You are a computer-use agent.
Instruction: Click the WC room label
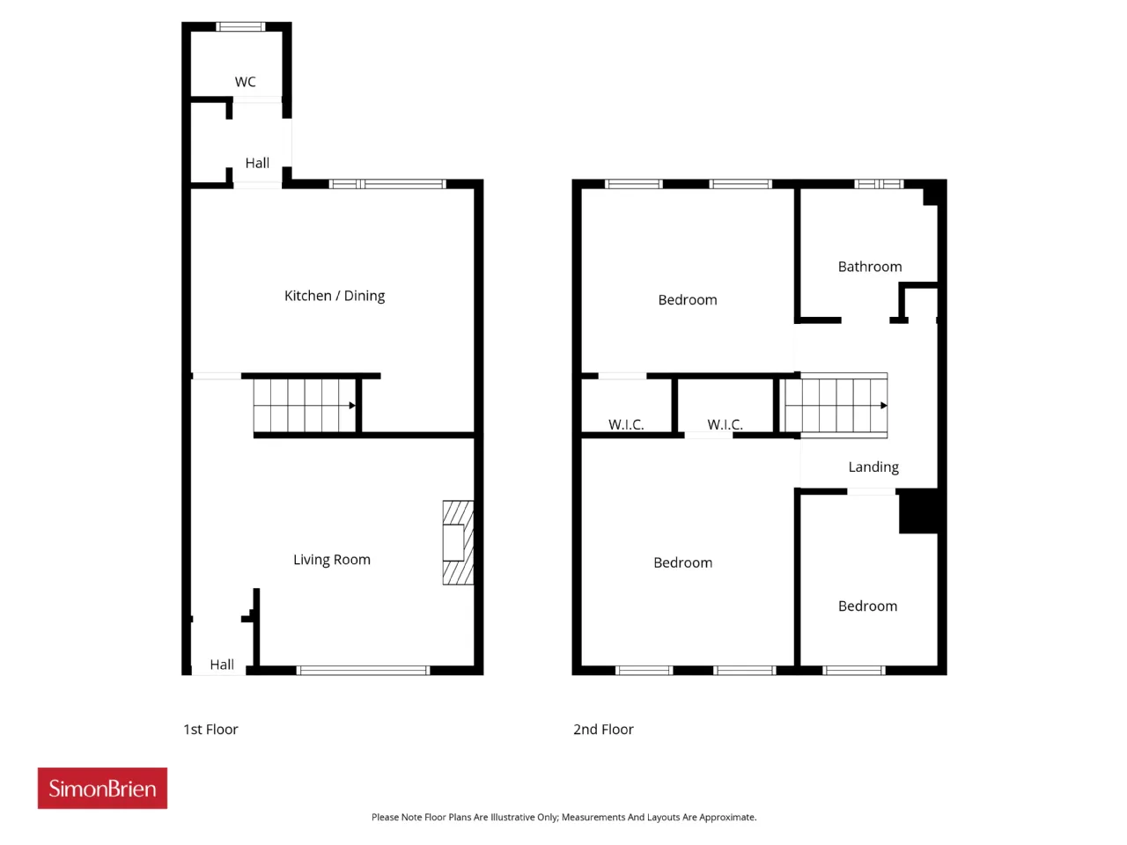[x=245, y=82]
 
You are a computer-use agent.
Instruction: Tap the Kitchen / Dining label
[x=335, y=296]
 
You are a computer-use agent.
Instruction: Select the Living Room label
[x=332, y=559]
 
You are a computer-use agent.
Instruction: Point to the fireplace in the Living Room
[x=458, y=542]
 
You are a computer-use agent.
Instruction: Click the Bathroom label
[x=870, y=267]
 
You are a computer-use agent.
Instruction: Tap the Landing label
[x=873, y=467]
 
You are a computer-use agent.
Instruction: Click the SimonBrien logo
[x=102, y=788]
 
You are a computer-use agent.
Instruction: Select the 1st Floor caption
[x=210, y=729]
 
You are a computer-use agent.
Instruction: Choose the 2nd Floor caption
[x=603, y=729]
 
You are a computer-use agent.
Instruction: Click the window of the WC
[x=240, y=26]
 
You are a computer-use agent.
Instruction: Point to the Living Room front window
[x=363, y=670]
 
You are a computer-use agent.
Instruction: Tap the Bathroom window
[x=879, y=184]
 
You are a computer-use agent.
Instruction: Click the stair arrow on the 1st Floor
[x=352, y=405]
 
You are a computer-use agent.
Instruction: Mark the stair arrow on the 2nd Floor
[x=884, y=405]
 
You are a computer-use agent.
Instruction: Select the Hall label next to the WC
[x=257, y=163]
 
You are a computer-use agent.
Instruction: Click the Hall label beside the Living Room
[x=222, y=665]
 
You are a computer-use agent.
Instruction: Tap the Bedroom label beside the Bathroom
[x=688, y=299]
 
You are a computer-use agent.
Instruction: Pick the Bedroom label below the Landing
[x=868, y=606]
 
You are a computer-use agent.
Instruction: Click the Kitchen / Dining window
[x=387, y=184]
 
